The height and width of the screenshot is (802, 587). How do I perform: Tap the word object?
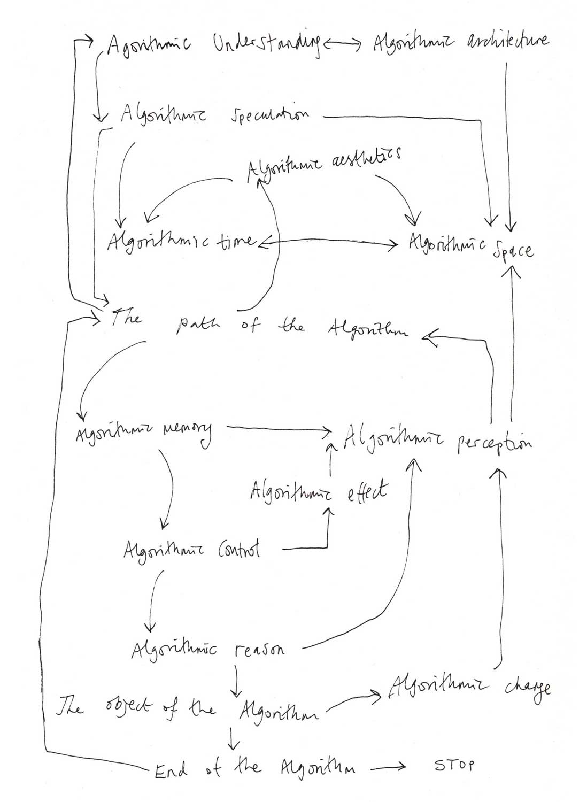point(120,710)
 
